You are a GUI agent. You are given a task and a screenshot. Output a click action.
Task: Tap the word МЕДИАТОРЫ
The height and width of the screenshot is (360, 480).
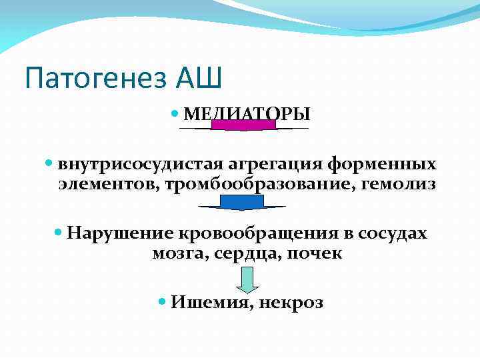(247, 114)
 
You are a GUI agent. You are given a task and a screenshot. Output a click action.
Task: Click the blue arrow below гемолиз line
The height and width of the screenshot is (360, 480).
(242, 203)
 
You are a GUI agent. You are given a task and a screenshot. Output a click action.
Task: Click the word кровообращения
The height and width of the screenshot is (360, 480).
(259, 233)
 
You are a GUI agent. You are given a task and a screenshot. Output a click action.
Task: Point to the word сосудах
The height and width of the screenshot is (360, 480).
(393, 233)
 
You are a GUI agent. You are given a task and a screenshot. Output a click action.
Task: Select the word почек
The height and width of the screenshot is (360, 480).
(314, 253)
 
